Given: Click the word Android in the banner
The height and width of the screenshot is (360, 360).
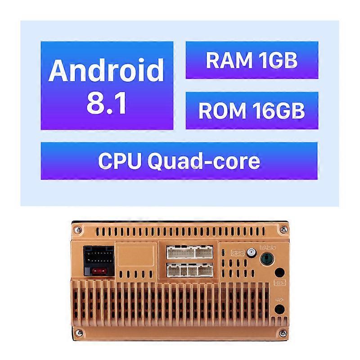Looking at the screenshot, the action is point(106,71).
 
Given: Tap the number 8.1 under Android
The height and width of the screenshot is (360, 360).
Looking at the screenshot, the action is point(107,103).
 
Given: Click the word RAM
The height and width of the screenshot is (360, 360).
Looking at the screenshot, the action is point(229,60).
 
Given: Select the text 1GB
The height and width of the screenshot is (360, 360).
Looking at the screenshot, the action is point(278,60).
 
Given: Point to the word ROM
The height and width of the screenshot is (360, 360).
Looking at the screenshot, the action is point(222,111).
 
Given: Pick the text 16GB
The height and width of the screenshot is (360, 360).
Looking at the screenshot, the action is point(279,111).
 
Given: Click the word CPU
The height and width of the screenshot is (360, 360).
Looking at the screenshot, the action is point(120,161).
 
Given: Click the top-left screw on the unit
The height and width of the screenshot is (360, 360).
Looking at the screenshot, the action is point(78,229).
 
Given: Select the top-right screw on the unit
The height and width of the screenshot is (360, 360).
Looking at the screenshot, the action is point(284,229).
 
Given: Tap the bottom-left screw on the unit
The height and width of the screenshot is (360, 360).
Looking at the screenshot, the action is point(79,332).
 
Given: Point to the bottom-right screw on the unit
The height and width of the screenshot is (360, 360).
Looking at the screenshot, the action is point(283,332).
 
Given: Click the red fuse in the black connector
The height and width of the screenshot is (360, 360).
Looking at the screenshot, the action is point(99,271).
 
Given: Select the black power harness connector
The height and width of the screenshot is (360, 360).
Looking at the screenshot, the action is point(99,261).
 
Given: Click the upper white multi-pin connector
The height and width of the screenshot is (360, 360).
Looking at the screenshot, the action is point(189,252).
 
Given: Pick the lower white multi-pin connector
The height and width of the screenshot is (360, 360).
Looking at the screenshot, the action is point(189,270).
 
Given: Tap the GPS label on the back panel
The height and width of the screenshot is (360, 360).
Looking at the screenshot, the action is point(238,253).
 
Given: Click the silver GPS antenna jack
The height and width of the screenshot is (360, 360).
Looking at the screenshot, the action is point(252,252).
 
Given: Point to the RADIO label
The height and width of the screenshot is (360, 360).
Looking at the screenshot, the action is point(268,247).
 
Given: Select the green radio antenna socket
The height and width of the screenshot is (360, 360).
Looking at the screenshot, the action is point(267,258).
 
